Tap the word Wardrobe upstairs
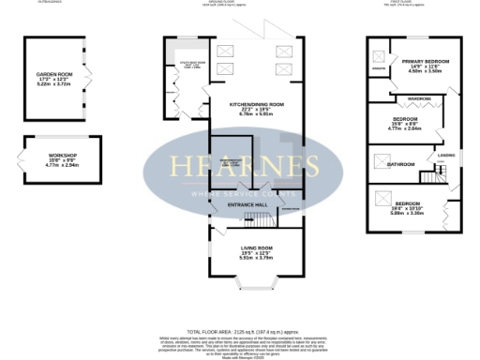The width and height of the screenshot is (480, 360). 420,98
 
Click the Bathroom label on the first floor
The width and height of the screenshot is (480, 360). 401,164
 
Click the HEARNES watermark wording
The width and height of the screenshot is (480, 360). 239,166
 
